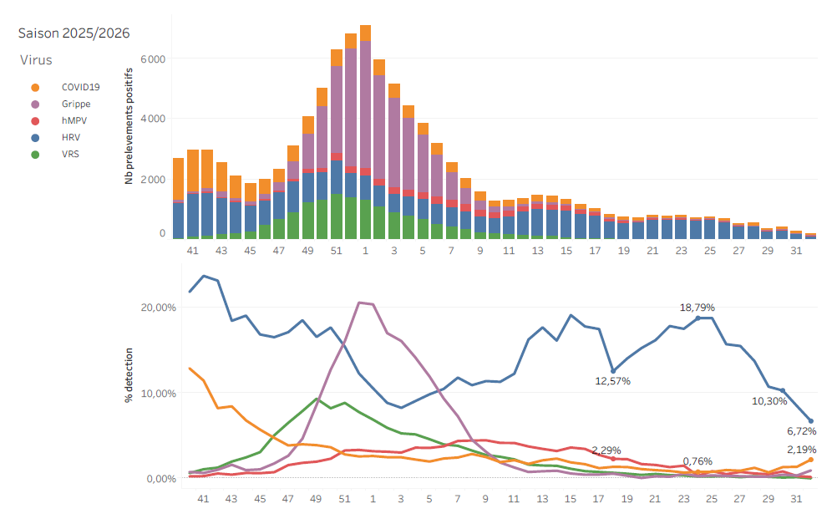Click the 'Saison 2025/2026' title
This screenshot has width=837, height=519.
click(74, 33)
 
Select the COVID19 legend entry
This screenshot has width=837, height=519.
click(65, 87)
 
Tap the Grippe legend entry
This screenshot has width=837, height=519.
click(60, 104)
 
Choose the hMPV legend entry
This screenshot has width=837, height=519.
click(58, 120)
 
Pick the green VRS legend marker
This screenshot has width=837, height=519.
click(35, 155)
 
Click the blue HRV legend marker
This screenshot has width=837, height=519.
click(35, 138)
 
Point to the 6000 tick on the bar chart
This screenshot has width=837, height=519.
click(153, 59)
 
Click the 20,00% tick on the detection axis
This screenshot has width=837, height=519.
click(159, 308)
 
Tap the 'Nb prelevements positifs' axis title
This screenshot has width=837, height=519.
click(129, 126)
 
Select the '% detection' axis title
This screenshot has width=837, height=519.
click(129, 374)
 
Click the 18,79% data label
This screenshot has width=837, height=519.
click(697, 308)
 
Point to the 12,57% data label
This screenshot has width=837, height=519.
click(613, 381)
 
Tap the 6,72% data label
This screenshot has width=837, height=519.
click(802, 431)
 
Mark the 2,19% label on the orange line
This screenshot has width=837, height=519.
click(802, 450)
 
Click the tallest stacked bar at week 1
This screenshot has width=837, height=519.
click(365, 131)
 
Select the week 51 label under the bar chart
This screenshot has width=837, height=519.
click(337, 251)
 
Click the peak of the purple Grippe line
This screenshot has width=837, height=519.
click(359, 303)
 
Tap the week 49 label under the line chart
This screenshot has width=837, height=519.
click(316, 499)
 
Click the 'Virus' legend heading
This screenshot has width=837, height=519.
click(36, 60)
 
